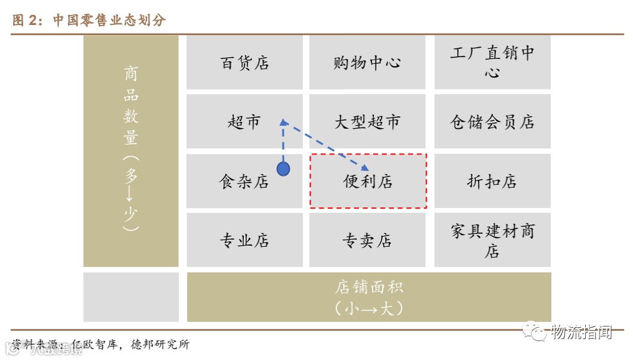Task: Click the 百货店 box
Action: click(x=244, y=63)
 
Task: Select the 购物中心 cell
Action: click(x=367, y=63)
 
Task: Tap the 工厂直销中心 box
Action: click(x=492, y=63)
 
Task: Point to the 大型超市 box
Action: click(x=367, y=122)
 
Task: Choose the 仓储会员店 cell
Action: click(x=492, y=122)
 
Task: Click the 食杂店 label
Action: click(x=244, y=182)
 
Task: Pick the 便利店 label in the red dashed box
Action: click(x=368, y=181)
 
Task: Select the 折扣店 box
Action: click(x=492, y=182)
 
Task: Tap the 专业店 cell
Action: click(x=244, y=240)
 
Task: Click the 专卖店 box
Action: click(x=367, y=240)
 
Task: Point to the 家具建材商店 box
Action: click(x=492, y=240)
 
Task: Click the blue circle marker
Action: click(x=283, y=169)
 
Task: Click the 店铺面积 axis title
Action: click(x=369, y=287)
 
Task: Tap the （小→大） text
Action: click(x=369, y=308)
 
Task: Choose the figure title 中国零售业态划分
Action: click(x=108, y=20)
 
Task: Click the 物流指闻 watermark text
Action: click(x=581, y=333)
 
